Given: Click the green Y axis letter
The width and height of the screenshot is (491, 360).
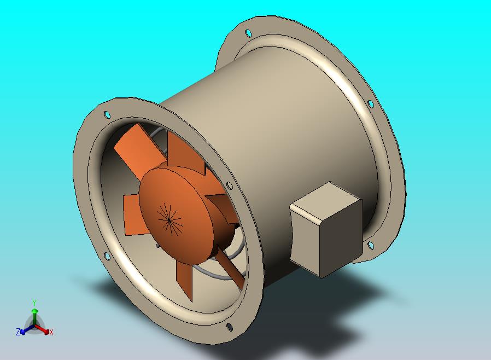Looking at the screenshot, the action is [x=34, y=303].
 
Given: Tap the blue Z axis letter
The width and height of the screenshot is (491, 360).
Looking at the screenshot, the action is [x=18, y=332].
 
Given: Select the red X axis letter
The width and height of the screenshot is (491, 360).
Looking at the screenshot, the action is [x=51, y=332].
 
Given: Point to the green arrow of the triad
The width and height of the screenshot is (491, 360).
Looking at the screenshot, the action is [x=34, y=316].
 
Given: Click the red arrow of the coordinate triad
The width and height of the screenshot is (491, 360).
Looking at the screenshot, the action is [x=42, y=329].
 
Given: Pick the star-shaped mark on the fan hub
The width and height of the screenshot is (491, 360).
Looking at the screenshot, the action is [x=169, y=219].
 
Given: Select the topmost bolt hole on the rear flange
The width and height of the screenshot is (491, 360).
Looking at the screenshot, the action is [x=248, y=33].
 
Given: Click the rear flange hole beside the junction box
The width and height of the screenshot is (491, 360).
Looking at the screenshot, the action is [x=370, y=245].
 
